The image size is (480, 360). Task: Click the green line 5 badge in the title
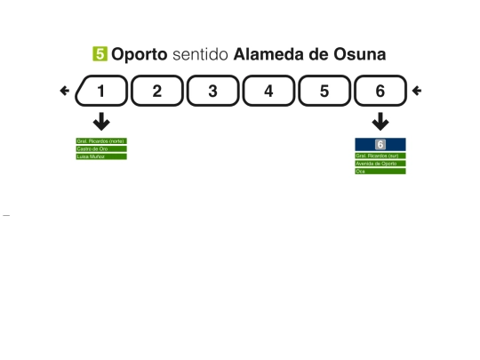pos(100,55)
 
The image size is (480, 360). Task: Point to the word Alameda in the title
pos(270,55)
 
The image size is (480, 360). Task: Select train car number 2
pos(156,91)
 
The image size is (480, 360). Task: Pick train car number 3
pos(212,91)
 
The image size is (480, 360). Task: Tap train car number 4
pos(268,91)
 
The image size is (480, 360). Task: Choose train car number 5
pos(324,91)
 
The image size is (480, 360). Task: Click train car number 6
pos(380,91)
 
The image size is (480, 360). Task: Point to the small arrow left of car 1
pos(64,91)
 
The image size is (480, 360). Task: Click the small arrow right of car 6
pos(417,91)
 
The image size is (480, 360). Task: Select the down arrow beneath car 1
pos(102,122)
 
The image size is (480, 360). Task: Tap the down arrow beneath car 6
pos(380,122)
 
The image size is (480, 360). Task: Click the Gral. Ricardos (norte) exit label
pos(101,140)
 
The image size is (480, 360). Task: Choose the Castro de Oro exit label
pos(101,148)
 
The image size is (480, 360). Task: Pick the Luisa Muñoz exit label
pos(101,156)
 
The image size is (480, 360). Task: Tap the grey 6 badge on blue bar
pos(380,144)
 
